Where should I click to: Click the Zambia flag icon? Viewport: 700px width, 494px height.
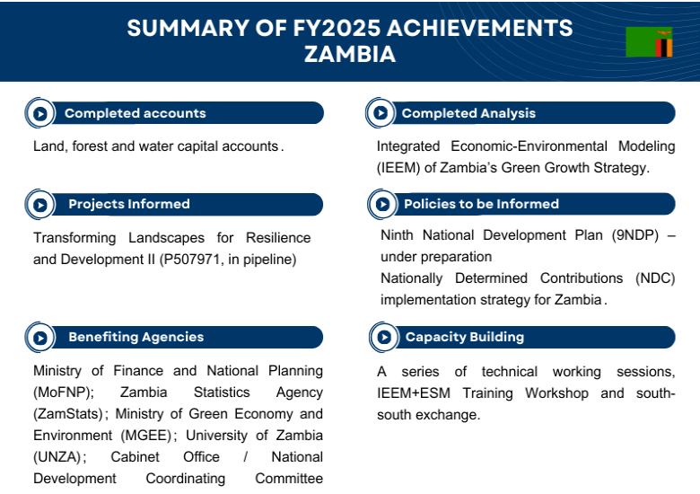(x=649, y=42)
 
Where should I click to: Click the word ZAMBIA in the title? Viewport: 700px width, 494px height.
(x=350, y=54)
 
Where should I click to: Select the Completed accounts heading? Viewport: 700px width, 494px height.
(x=135, y=113)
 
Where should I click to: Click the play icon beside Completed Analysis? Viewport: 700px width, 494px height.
(x=381, y=113)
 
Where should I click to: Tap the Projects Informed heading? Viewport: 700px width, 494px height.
(x=129, y=204)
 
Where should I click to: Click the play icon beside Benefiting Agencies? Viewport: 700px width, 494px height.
(x=40, y=338)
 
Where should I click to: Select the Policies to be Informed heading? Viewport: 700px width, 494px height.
(x=481, y=204)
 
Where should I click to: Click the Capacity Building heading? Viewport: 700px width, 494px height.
(x=465, y=337)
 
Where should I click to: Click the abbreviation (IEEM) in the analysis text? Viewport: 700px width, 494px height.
(x=400, y=167)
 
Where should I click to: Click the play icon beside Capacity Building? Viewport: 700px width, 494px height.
(x=383, y=338)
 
